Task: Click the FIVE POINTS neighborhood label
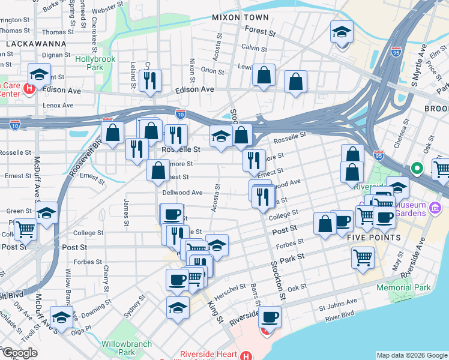click(x=374, y=238)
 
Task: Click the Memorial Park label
click(x=403, y=287)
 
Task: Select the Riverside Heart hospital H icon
click(x=245, y=355)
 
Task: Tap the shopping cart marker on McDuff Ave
click(x=25, y=229)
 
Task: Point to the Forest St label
click(x=261, y=29)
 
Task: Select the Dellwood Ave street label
click(x=182, y=193)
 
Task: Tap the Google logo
click(x=19, y=353)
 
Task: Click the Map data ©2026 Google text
click(x=412, y=355)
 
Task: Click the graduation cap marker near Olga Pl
click(x=61, y=316)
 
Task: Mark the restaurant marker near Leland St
click(x=150, y=80)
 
